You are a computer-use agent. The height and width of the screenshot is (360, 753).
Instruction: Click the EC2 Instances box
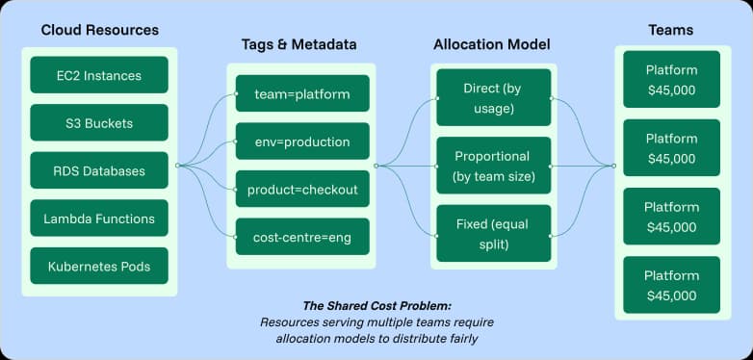[x=99, y=75]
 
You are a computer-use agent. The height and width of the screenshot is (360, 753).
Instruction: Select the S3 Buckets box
[x=99, y=123]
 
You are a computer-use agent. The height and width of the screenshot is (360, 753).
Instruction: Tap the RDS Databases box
[x=99, y=171]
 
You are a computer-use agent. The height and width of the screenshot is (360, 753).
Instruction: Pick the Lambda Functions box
[x=99, y=219]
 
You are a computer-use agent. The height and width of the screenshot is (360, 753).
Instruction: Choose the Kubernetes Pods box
[x=99, y=266]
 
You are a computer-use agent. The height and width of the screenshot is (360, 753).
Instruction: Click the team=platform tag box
[x=302, y=94]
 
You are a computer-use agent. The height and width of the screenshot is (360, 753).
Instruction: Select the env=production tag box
[x=302, y=141]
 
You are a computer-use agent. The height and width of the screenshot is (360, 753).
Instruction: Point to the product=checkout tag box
[x=302, y=189]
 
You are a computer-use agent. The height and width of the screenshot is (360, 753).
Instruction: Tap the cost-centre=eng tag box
[x=302, y=236]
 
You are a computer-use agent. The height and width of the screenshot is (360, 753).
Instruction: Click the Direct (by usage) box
[x=494, y=97]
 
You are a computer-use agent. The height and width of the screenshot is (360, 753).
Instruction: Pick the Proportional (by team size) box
[x=494, y=166]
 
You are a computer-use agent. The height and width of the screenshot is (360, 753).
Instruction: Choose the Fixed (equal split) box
[x=494, y=233]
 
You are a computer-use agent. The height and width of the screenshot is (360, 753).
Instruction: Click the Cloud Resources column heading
[x=99, y=31]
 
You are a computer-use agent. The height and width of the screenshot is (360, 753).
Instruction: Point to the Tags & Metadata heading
[x=300, y=45]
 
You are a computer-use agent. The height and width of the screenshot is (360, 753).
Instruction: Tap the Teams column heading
[x=671, y=31]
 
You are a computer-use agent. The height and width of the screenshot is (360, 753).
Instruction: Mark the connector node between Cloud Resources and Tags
[x=178, y=166]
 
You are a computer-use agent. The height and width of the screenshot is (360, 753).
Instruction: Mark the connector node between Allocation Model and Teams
[x=613, y=166]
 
